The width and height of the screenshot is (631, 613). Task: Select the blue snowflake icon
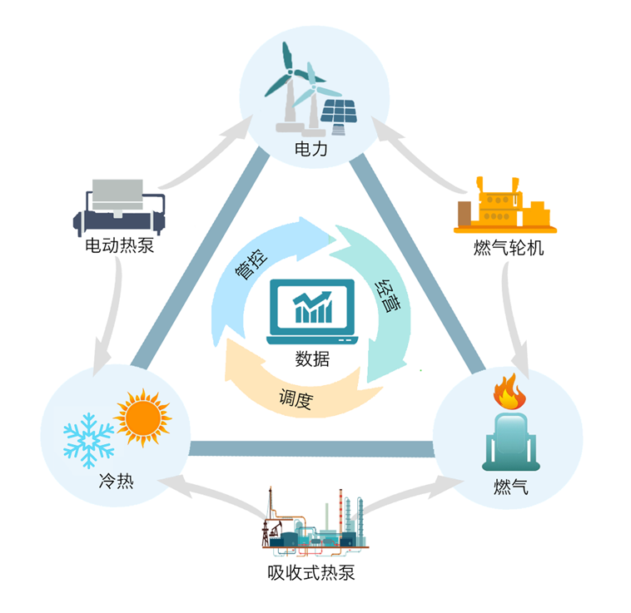click(89, 438)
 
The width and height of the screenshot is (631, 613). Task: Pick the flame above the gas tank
click(505, 391)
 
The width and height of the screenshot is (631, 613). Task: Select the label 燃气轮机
click(507, 247)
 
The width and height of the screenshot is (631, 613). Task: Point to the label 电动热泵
click(120, 246)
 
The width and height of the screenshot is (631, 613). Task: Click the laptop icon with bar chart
click(311, 313)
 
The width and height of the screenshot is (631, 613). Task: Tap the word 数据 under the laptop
click(312, 358)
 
